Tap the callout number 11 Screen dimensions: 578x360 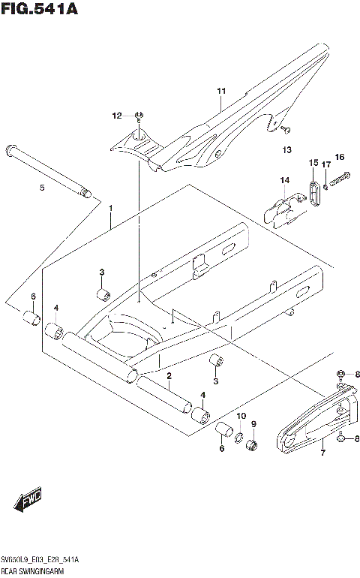click(221, 92)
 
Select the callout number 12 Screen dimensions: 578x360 click(116, 115)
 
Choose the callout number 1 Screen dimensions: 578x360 click(110, 206)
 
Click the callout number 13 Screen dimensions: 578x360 click(286, 150)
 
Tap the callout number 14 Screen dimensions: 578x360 click(285, 180)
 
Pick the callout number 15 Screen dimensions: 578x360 click(313, 162)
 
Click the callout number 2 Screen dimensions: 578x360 click(170, 375)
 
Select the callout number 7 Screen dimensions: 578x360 click(322, 453)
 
